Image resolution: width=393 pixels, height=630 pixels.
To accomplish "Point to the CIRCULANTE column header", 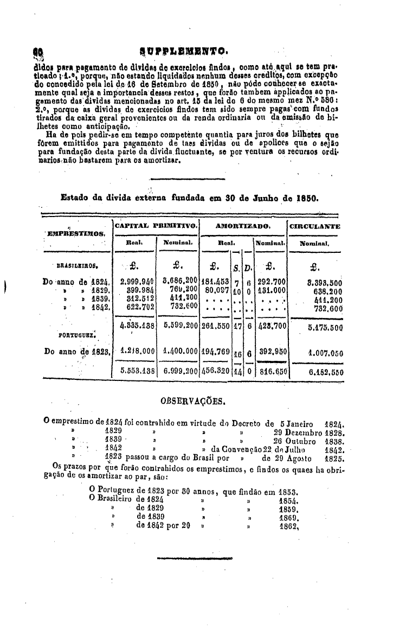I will [x=315, y=226].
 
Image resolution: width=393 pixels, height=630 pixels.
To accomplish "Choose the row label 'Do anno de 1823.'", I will [x=78, y=352].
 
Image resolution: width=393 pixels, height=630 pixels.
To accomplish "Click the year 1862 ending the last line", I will [x=289, y=525].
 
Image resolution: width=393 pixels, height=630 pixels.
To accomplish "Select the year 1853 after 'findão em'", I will [x=289, y=492].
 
